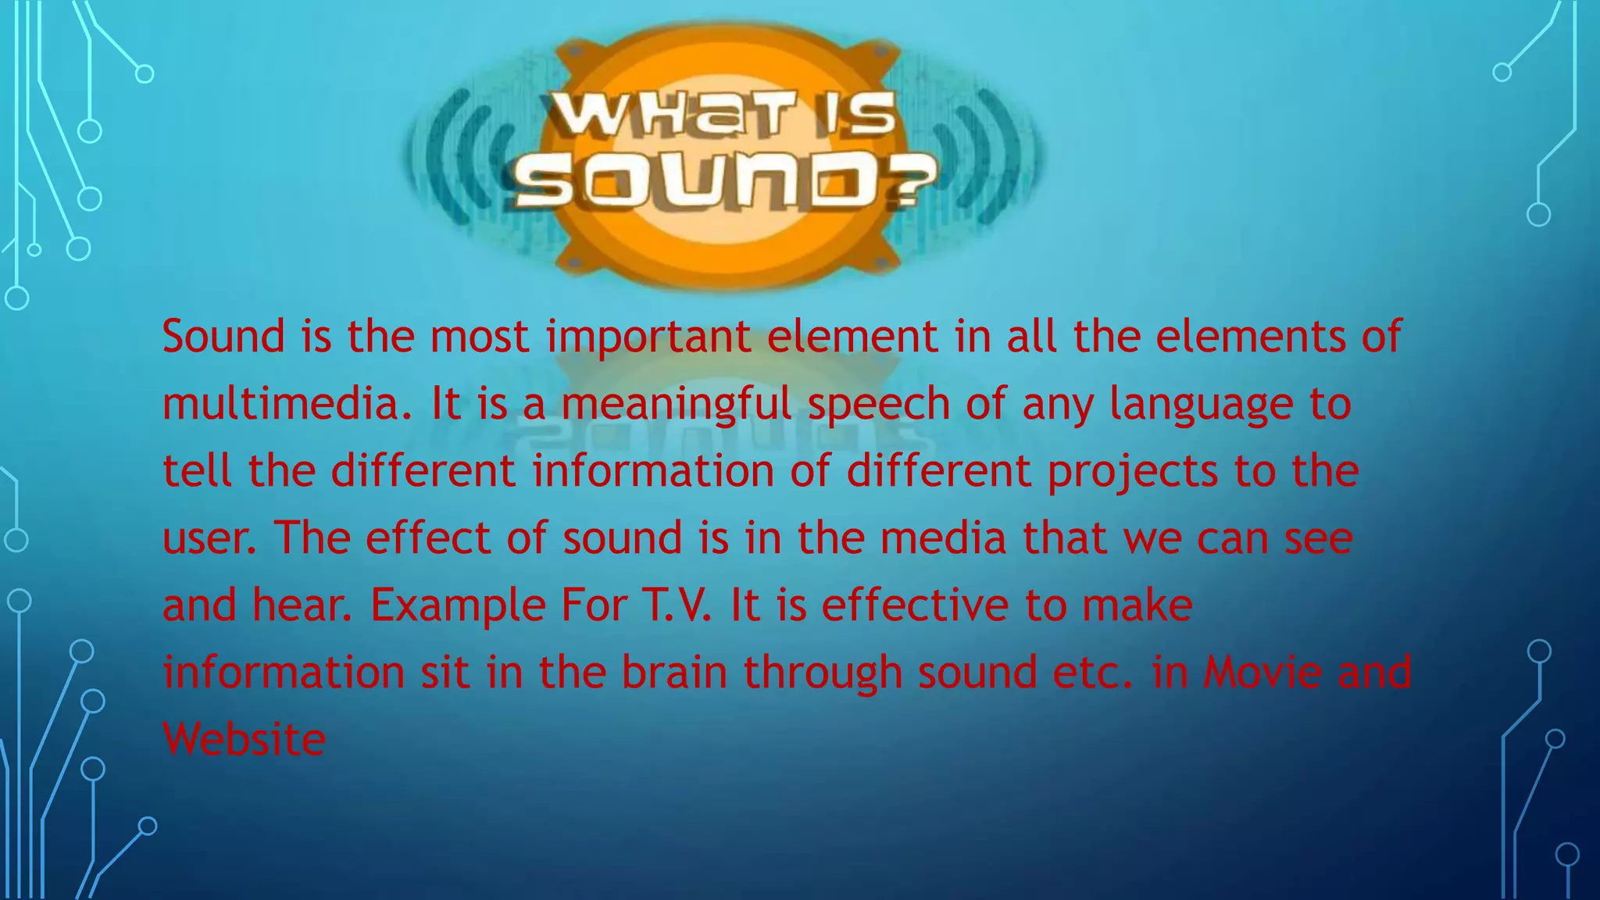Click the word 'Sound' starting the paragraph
point(223,336)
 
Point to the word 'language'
point(1201,405)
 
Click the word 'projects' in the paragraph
point(1132,472)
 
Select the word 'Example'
point(457,606)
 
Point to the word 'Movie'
point(1262,672)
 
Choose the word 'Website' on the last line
point(244,739)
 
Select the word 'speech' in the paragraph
point(878,405)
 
